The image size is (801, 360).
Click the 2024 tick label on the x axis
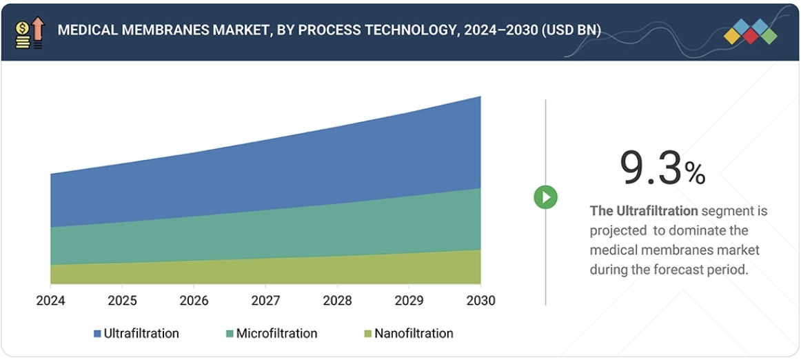click(x=50, y=301)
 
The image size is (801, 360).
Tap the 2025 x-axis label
click(x=122, y=301)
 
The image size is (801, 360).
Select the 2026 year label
click(x=194, y=301)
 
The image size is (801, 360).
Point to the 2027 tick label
click(x=265, y=301)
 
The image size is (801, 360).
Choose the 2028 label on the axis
click(x=337, y=301)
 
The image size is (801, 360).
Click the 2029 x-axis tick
click(x=409, y=301)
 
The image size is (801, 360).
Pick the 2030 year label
click(x=480, y=301)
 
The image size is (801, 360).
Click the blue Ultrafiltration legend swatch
click(x=97, y=334)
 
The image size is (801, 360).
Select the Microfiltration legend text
click(x=276, y=334)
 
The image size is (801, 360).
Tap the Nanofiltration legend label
click(x=414, y=334)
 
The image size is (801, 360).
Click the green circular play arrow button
click(x=545, y=197)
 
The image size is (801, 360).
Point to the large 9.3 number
click(x=651, y=168)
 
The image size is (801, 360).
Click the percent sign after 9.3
click(x=695, y=174)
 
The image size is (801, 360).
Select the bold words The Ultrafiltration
click(x=644, y=211)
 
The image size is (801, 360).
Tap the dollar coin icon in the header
click(x=22, y=28)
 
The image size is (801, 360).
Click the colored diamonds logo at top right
click(x=751, y=32)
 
